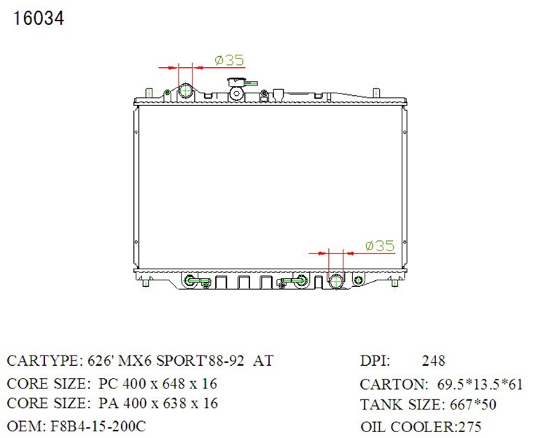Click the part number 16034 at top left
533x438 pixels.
[x=39, y=18]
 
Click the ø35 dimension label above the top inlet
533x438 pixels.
[x=230, y=61]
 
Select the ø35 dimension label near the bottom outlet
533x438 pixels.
[x=380, y=245]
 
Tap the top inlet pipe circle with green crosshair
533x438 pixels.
[x=186, y=91]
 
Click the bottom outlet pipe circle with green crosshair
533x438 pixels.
[x=336, y=281]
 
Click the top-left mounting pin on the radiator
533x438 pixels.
[x=149, y=93]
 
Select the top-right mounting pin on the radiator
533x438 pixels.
[x=376, y=93]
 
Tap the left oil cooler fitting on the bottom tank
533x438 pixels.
[x=190, y=281]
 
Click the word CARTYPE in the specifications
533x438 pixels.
[x=42, y=361]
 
